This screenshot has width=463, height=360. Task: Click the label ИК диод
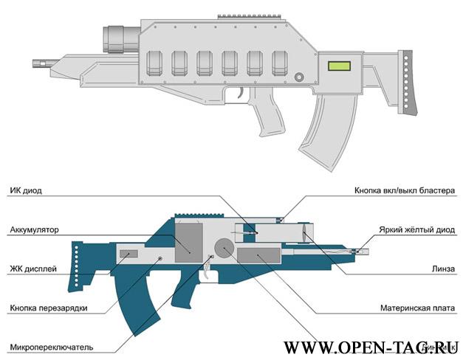(26, 190)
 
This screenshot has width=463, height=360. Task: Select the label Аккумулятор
(34, 229)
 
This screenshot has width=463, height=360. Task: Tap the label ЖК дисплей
(33, 269)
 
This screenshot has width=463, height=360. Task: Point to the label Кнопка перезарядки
(49, 308)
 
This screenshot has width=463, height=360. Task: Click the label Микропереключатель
(51, 347)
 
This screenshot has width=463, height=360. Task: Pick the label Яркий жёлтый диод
(416, 229)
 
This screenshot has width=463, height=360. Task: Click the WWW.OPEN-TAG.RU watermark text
(371, 347)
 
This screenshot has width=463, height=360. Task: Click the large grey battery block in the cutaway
(188, 240)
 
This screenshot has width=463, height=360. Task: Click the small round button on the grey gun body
(298, 77)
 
